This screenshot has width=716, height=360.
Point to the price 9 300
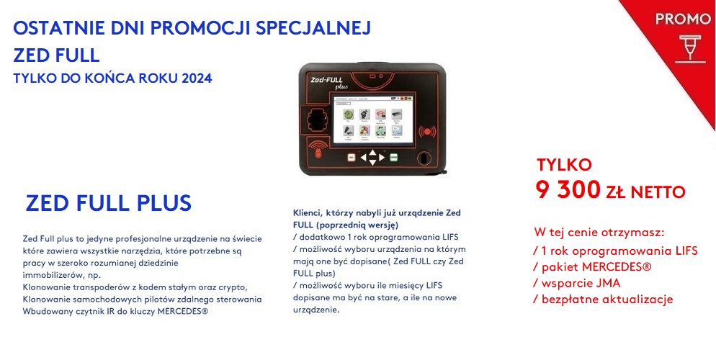click(x=568, y=190)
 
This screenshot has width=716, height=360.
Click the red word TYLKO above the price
click(x=564, y=165)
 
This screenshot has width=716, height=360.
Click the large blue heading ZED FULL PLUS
click(x=109, y=203)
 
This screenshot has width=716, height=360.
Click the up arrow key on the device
click(x=372, y=151)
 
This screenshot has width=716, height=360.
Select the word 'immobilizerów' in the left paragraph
click(x=53, y=275)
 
